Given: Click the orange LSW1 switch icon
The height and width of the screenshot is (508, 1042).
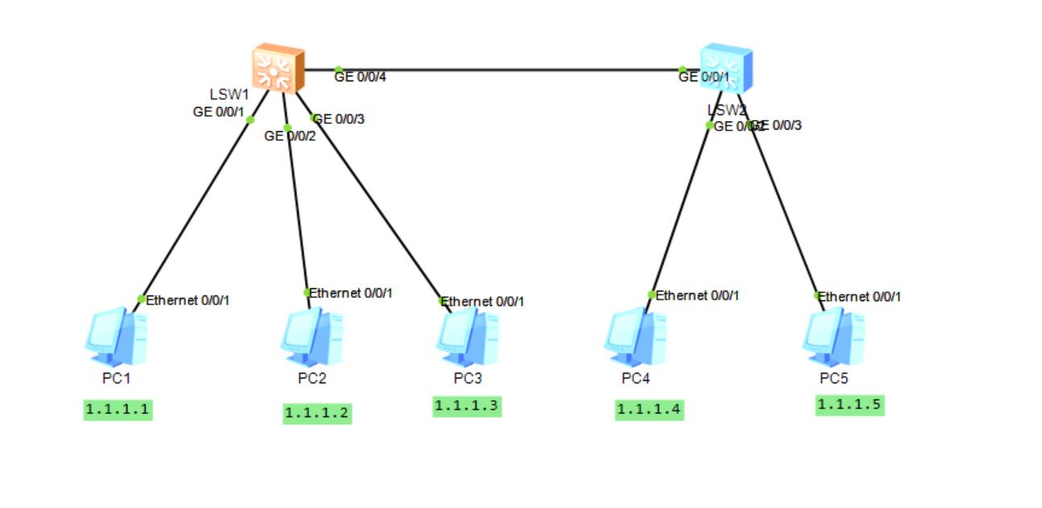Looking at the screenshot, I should tap(278, 69).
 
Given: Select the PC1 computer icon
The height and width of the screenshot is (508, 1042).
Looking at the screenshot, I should tap(116, 337).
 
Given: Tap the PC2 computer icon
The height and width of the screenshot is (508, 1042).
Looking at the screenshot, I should tap(312, 337).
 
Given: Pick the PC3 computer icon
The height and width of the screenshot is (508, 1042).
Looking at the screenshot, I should tap(468, 337).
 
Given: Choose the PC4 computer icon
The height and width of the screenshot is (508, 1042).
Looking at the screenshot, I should tap(635, 337).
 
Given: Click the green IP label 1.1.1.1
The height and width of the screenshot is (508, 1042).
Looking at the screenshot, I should tap(118, 410).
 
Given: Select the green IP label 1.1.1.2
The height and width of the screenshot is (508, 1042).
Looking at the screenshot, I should tap(317, 413).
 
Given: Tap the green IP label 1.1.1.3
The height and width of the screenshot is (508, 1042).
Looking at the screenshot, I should tap(467, 406).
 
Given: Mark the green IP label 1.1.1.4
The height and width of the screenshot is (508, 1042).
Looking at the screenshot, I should tap(649, 410).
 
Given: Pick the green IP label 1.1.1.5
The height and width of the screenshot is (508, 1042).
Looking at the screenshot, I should tap(850, 405).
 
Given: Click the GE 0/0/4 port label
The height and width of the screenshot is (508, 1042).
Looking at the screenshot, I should tap(361, 77).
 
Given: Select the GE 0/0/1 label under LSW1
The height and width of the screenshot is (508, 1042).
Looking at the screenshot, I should tap(218, 112).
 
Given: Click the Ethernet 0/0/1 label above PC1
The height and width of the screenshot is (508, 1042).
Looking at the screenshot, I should tap(188, 300).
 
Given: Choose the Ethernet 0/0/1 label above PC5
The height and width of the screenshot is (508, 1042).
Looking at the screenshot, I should tap(860, 297).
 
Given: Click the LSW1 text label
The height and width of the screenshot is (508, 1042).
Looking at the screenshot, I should tap(229, 95).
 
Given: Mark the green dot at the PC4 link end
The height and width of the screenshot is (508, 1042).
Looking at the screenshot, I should tap(651, 295).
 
